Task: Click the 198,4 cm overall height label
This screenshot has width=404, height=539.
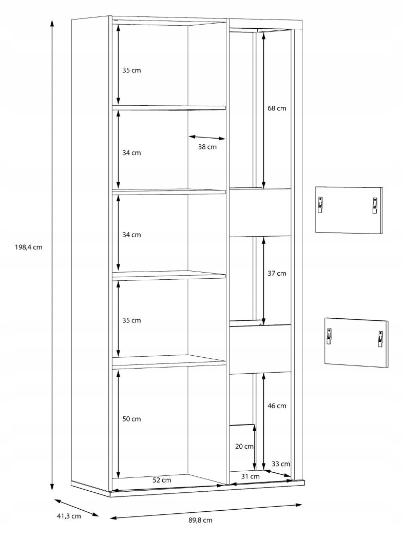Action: click(29, 247)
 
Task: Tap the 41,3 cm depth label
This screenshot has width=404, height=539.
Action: click(69, 516)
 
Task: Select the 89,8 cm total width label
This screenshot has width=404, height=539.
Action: click(200, 520)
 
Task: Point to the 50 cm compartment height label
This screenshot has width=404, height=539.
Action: click(131, 419)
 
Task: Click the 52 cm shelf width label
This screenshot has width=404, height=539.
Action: click(162, 480)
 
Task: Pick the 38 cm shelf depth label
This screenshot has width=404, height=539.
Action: click(207, 147)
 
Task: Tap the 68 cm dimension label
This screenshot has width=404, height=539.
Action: click(277, 108)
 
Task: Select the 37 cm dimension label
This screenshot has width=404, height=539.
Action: click(277, 273)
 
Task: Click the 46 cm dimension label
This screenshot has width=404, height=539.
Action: click(277, 406)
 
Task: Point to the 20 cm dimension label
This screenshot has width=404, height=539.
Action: click(244, 446)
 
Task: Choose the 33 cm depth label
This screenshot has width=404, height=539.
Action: click(281, 464)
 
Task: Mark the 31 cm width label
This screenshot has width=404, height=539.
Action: click(251, 476)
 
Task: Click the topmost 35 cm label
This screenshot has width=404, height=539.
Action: click(131, 70)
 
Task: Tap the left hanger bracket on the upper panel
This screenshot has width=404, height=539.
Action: click(320, 205)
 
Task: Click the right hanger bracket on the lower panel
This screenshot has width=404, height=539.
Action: click(380, 339)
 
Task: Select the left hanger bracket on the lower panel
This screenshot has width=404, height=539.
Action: click(329, 336)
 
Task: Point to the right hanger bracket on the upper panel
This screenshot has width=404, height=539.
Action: click(374, 205)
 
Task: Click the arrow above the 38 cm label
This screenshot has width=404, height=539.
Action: click(207, 138)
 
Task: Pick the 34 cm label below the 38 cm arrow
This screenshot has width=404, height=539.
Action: click(131, 235)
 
